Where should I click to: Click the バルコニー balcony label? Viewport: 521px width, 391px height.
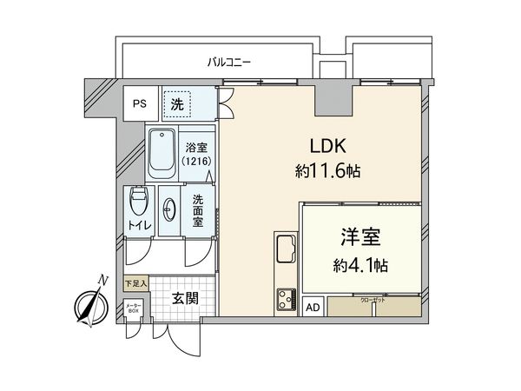(x=229, y=62)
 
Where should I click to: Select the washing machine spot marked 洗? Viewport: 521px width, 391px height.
(x=177, y=103)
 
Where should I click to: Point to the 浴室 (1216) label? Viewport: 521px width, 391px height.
(x=197, y=154)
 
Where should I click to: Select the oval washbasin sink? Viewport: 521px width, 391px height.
(x=168, y=209)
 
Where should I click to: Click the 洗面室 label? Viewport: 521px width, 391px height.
(x=198, y=209)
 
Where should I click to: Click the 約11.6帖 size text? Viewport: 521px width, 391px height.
(x=326, y=171)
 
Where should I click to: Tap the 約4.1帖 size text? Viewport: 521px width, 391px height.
(x=359, y=263)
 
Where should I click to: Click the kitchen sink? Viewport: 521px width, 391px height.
(x=286, y=252)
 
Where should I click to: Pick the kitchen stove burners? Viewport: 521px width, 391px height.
(x=286, y=301)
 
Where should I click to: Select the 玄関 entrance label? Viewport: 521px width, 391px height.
(x=184, y=299)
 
